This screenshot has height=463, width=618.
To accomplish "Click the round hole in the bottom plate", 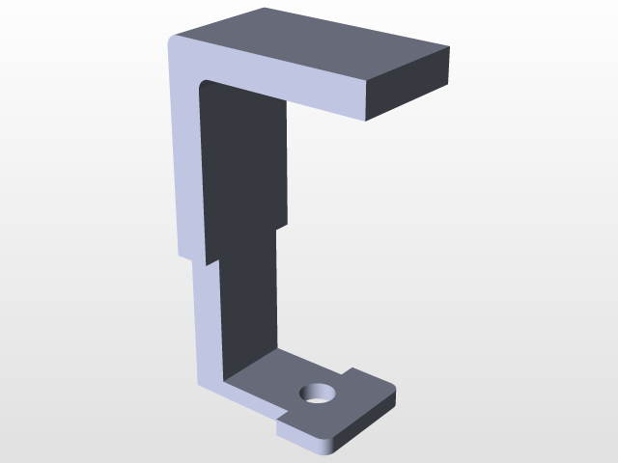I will click(x=317, y=393).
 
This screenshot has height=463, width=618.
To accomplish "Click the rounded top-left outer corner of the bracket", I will click(x=174, y=42).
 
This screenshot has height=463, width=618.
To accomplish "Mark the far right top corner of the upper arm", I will click(x=449, y=46).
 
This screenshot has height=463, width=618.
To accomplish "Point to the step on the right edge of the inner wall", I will click(x=282, y=228).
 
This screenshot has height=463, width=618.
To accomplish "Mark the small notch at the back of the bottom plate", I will click(x=350, y=371).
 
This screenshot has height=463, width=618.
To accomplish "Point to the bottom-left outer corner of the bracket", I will click(x=202, y=385).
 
